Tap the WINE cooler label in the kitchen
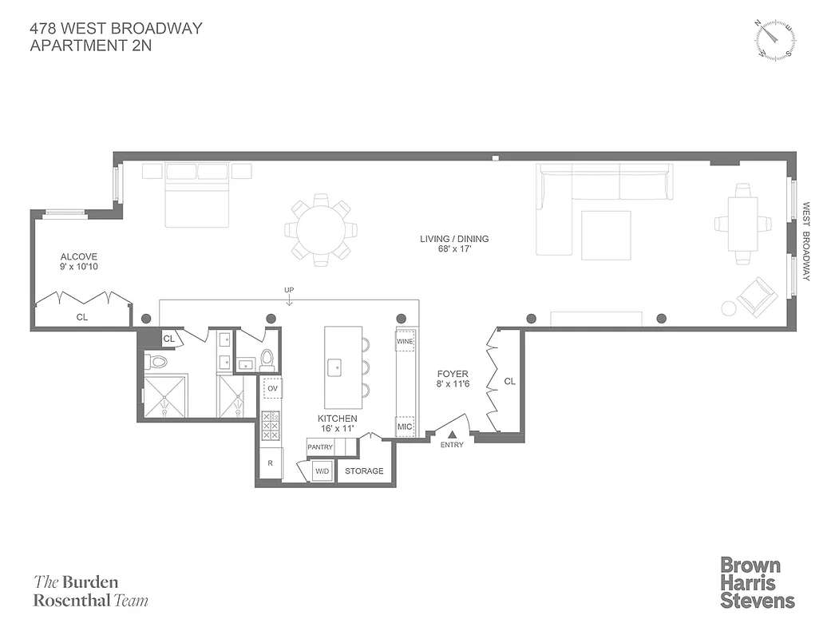[406, 340]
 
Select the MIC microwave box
[406, 427]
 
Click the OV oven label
[273, 389]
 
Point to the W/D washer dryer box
[322, 471]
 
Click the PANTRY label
[320, 447]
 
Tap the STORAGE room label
[364, 471]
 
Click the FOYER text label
[452, 373]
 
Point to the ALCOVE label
[79, 257]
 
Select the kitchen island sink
[335, 369]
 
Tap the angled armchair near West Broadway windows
[757, 296]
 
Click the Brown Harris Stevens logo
[757, 583]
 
